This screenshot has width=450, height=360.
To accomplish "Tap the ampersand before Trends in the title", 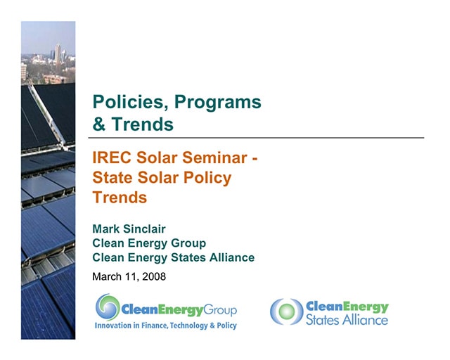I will coord(99,125).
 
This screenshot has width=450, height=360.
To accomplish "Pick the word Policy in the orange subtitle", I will coord(206,178).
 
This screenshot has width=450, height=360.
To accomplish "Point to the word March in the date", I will coord(109,276).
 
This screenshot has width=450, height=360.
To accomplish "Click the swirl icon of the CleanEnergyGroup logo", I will coord(108,307).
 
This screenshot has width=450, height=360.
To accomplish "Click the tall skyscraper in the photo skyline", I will coord(58,53).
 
